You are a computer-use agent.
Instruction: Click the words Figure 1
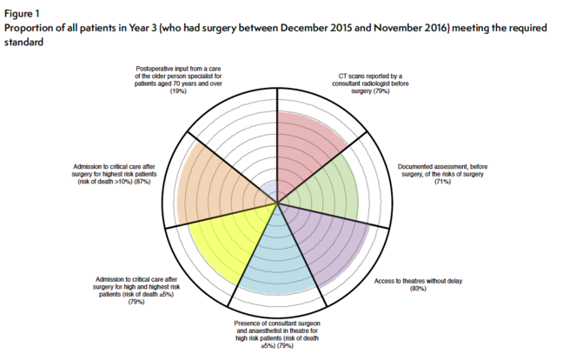[23, 13]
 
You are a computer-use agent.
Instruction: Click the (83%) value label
[418, 288]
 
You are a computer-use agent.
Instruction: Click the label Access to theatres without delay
[418, 280]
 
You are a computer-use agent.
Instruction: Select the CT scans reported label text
[369, 83]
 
